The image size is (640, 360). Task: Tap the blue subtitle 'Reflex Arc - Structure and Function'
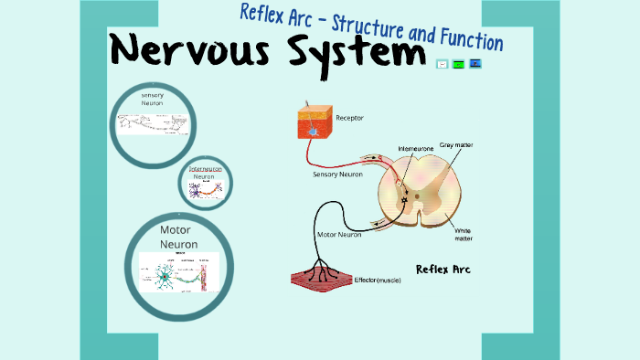[x=371, y=27]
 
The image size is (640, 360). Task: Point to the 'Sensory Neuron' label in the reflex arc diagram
[x=339, y=173]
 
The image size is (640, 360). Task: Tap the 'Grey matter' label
[x=456, y=144]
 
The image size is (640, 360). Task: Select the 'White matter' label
[x=464, y=235]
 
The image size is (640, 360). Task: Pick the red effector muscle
[x=320, y=278]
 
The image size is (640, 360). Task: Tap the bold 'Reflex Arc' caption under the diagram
[x=443, y=269]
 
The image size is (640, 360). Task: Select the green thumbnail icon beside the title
[x=458, y=64]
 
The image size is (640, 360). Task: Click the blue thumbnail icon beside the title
[x=475, y=64]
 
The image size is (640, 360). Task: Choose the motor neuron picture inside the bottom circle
[x=179, y=272]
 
